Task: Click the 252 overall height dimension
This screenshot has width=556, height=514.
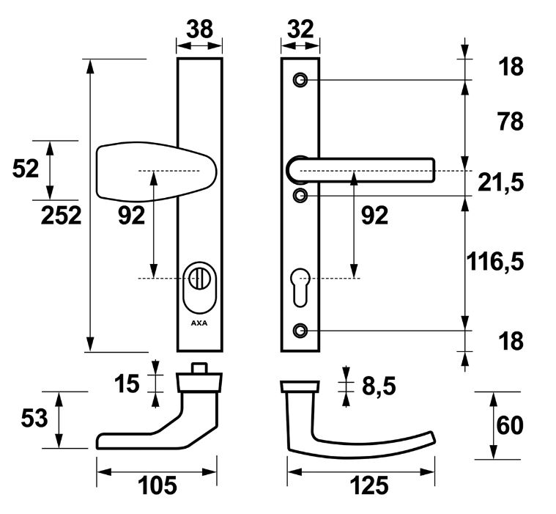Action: click(61, 216)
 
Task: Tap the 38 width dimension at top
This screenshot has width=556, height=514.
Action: click(199, 29)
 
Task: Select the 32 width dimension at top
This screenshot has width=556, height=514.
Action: click(300, 29)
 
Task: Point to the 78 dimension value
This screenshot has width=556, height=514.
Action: click(510, 122)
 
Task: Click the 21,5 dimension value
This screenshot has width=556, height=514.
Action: click(500, 183)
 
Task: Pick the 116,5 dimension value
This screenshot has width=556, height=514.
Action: click(495, 261)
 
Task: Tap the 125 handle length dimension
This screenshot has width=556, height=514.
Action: click(369, 485)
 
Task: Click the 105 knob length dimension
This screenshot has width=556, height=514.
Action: click(157, 485)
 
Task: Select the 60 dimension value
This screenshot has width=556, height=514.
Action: click(510, 425)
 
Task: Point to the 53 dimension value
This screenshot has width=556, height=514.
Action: click(34, 418)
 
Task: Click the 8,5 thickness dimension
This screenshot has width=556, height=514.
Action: click(379, 386)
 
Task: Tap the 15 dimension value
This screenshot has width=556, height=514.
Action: click(127, 383)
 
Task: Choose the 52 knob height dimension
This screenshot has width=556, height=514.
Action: click(25, 169)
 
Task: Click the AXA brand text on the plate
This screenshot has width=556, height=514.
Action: click(199, 323)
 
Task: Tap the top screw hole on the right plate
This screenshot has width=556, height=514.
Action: click(300, 80)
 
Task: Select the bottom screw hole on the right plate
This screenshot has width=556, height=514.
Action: click(300, 331)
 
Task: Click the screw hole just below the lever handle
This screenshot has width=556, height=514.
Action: click(300, 196)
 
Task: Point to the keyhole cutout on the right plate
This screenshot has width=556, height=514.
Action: click(300, 287)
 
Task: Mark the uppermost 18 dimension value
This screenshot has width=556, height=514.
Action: click(511, 67)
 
